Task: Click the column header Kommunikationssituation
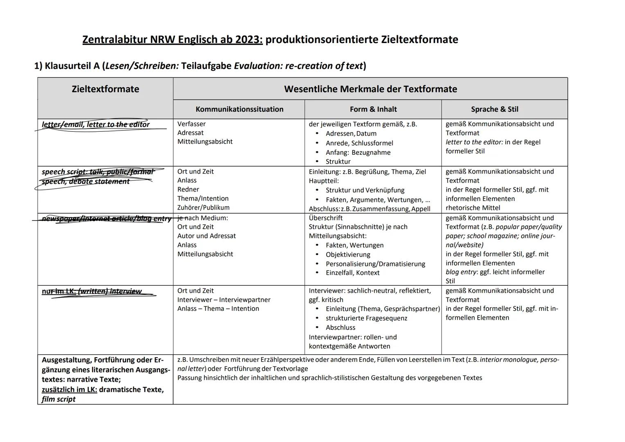tap(239, 109)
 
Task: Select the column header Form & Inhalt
tap(373, 109)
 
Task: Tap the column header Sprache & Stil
tap(494, 109)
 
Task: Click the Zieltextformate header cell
tap(105, 89)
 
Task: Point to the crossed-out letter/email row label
tap(96, 124)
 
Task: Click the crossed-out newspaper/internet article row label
tap(106, 219)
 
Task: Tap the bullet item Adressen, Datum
tap(351, 133)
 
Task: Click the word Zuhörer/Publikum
tap(203, 207)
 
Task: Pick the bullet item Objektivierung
tap(348, 255)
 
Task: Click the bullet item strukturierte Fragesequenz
tap(366, 318)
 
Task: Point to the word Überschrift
tap(325, 218)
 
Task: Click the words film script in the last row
tap(59, 399)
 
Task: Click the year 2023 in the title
tap(248, 40)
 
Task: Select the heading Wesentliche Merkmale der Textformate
tap(370, 89)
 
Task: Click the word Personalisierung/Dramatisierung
tap(375, 264)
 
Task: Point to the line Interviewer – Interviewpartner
tap(223, 300)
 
